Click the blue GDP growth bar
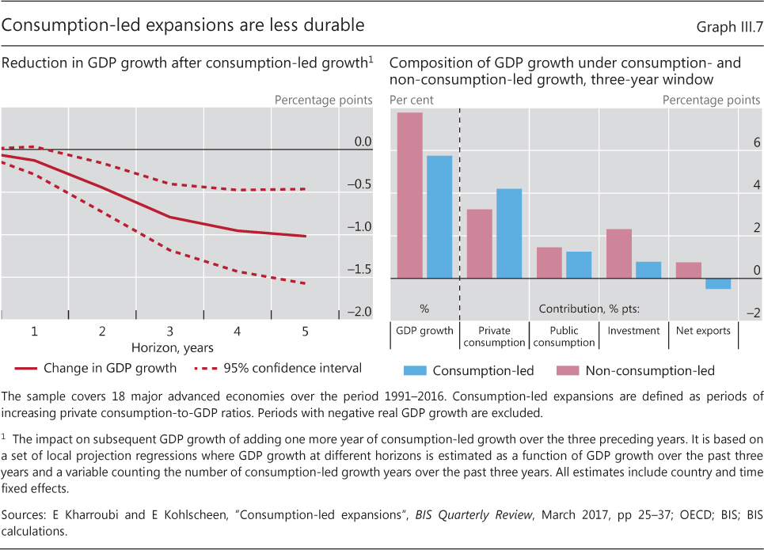coord(439,217)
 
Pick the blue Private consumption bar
coord(509,233)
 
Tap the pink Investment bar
coord(618,253)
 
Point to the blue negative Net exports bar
coord(718,283)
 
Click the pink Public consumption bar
coord(549,263)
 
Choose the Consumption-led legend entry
coord(469,370)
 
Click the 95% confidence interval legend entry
coord(277,367)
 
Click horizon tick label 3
coord(169,331)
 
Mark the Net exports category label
coord(703,331)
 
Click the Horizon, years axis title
coord(172,347)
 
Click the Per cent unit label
coord(412,101)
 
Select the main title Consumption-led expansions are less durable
coord(183,25)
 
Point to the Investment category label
coord(633,331)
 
